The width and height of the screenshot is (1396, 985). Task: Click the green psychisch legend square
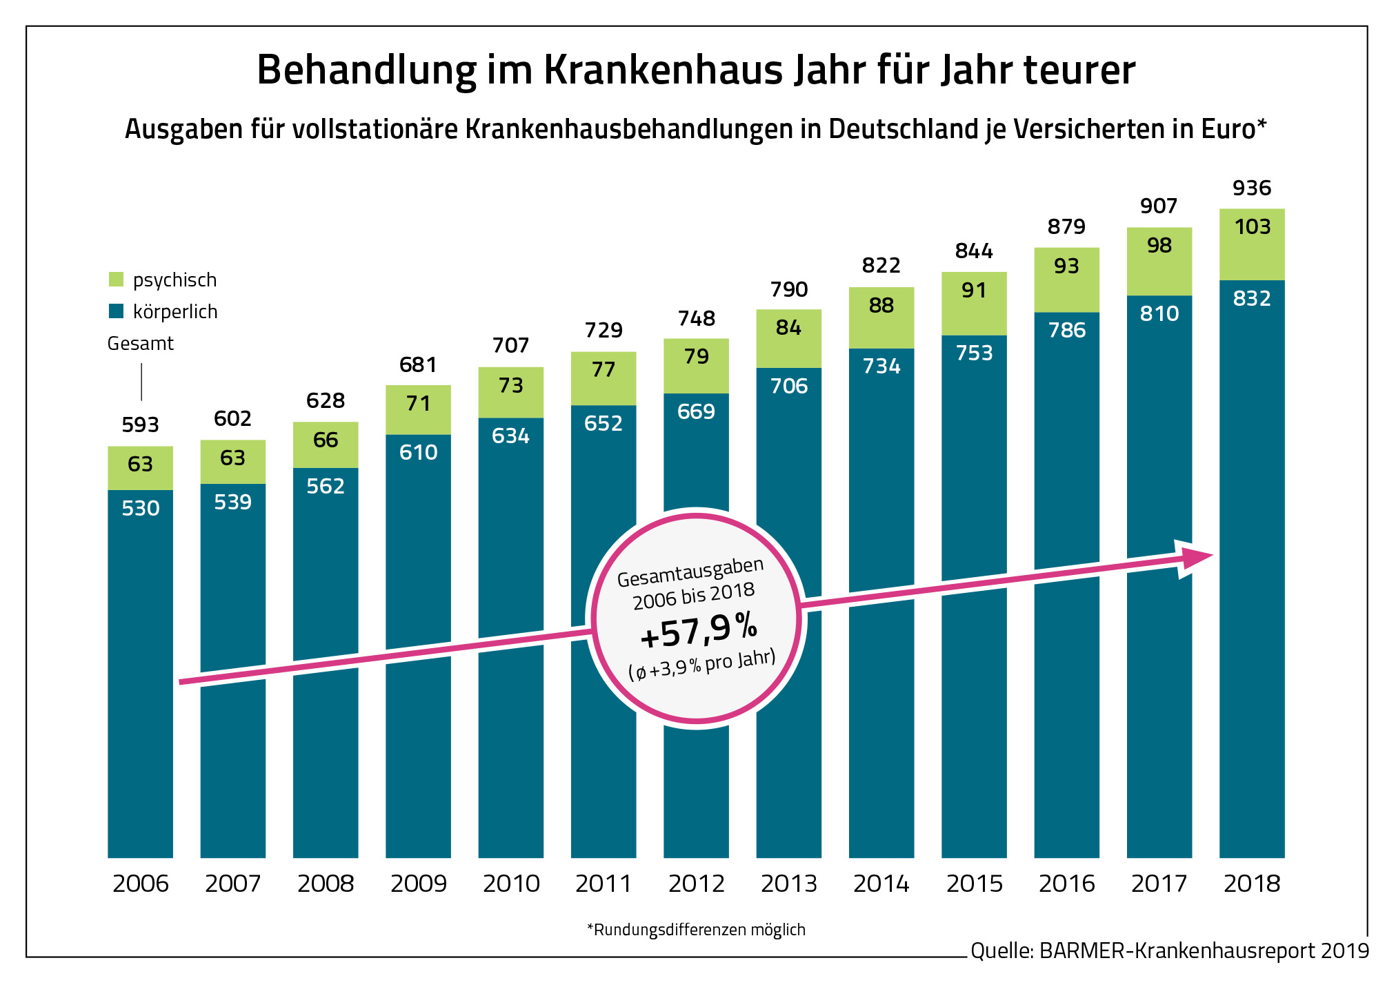(116, 280)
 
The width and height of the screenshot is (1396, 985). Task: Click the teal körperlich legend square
(116, 311)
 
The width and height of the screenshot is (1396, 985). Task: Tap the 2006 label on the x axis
(140, 884)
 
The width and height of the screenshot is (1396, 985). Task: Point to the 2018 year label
(1251, 884)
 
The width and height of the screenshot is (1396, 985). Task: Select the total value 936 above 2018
(1251, 188)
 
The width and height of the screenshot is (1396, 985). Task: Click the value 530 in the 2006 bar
(140, 509)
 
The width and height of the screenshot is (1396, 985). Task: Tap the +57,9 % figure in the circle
(698, 630)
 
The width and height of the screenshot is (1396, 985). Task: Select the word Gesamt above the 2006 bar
(140, 343)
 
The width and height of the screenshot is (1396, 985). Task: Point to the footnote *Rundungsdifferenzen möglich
(696, 930)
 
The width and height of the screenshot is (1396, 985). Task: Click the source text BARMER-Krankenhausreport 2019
(1204, 951)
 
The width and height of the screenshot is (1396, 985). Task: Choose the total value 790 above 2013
(788, 289)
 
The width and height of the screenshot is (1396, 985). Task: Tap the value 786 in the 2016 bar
(1066, 331)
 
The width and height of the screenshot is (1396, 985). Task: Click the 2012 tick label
(696, 884)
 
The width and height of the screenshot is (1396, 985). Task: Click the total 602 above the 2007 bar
(232, 418)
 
